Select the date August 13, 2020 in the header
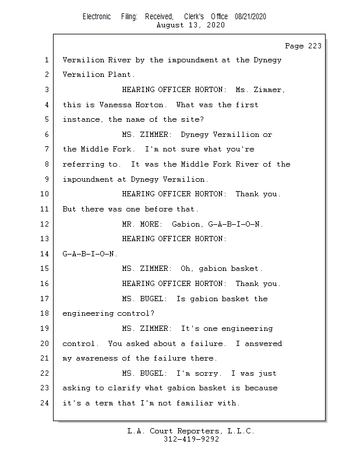(x=190, y=25)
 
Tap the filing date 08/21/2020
(x=250, y=16)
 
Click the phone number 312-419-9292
(x=191, y=440)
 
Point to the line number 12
(x=45, y=224)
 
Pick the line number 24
(x=45, y=403)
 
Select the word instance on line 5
(x=81, y=119)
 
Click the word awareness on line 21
(x=98, y=358)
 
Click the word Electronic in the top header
(x=97, y=16)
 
